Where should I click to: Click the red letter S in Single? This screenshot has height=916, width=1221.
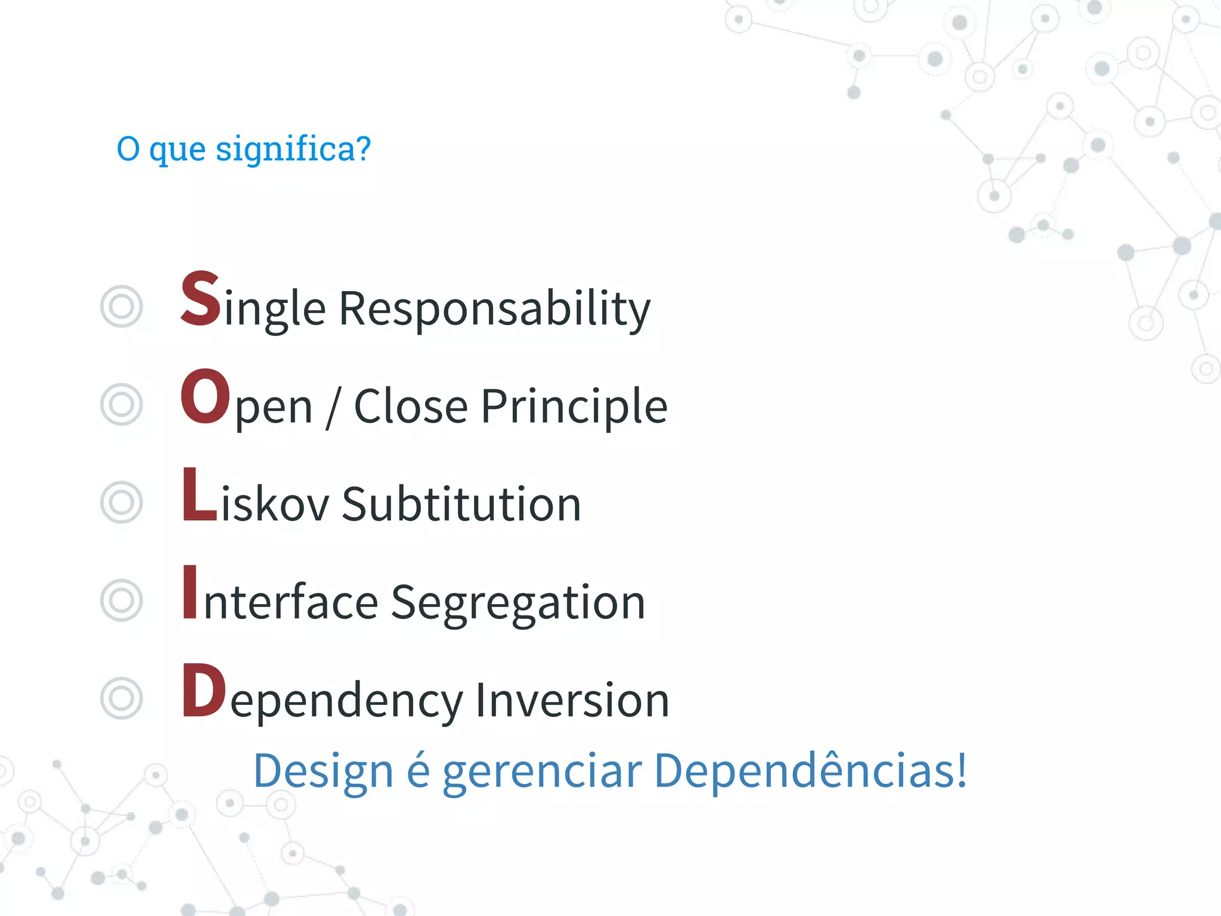coord(201,299)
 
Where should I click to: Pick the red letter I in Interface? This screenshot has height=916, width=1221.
coord(190,592)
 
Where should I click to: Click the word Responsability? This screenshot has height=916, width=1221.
coord(494,309)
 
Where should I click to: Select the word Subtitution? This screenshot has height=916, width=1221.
coord(461,505)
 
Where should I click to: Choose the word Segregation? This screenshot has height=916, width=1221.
coord(517,602)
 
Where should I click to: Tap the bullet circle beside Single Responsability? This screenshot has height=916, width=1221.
coord(122,307)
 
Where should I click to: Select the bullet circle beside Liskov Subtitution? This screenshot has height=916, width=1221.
coord(122,503)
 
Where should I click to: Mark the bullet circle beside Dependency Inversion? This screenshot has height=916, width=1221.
coord(122,698)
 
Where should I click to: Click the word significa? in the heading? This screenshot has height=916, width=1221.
coord(293,149)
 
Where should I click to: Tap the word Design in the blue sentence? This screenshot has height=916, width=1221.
coord(323,771)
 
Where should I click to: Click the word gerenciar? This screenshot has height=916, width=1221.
coord(542,771)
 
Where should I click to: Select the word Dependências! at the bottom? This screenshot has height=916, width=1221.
coord(810,770)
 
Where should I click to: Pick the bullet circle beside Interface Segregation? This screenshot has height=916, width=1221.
coord(122,601)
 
